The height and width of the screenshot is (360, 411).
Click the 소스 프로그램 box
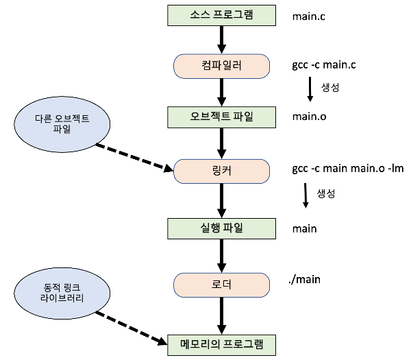tap(220, 15)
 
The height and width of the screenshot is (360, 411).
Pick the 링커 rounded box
tap(220, 170)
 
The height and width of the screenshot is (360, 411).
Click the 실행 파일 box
tap(220, 227)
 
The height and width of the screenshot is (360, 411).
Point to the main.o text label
tap(309, 116)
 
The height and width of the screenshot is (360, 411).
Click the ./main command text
tap(306, 278)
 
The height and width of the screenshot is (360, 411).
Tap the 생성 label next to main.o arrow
tap(331, 88)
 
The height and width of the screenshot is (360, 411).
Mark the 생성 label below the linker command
tap(326, 193)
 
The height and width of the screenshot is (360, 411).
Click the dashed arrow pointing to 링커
tap(134, 156)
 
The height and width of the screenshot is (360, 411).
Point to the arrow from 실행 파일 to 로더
tap(220, 254)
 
